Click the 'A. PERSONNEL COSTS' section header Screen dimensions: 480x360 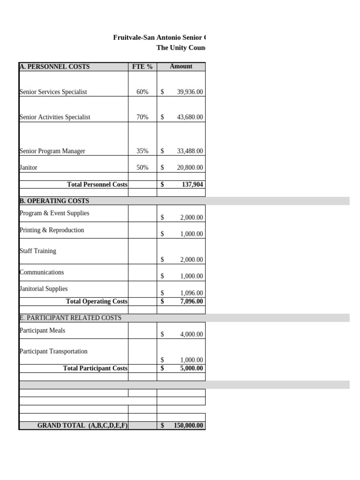pos(54,67)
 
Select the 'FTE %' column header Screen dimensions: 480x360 pos(142,67)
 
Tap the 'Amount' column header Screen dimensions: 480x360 pos(181,67)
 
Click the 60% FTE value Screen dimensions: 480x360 pos(142,92)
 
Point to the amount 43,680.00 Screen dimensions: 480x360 pos(190,117)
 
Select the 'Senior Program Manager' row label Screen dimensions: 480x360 pos(52,151)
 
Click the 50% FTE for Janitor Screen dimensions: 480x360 pos(142,167)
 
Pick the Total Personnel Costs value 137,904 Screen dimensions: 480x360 pos(192,185)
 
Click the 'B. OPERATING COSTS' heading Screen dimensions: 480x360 pos(54,201)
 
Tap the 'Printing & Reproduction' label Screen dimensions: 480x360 pos(52,230)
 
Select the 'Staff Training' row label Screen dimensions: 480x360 pos(38,251)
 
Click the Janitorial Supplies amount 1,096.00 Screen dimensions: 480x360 pos(191,293)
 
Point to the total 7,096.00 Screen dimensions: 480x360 pos(191,301)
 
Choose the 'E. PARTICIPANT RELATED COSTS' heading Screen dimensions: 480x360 pos(70,318)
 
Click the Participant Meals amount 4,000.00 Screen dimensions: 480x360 pos(191,334)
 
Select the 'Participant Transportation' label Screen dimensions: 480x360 pos(53,351)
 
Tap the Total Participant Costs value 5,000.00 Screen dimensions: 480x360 pos(191,368)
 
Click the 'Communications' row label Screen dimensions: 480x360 pos(42,272)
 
